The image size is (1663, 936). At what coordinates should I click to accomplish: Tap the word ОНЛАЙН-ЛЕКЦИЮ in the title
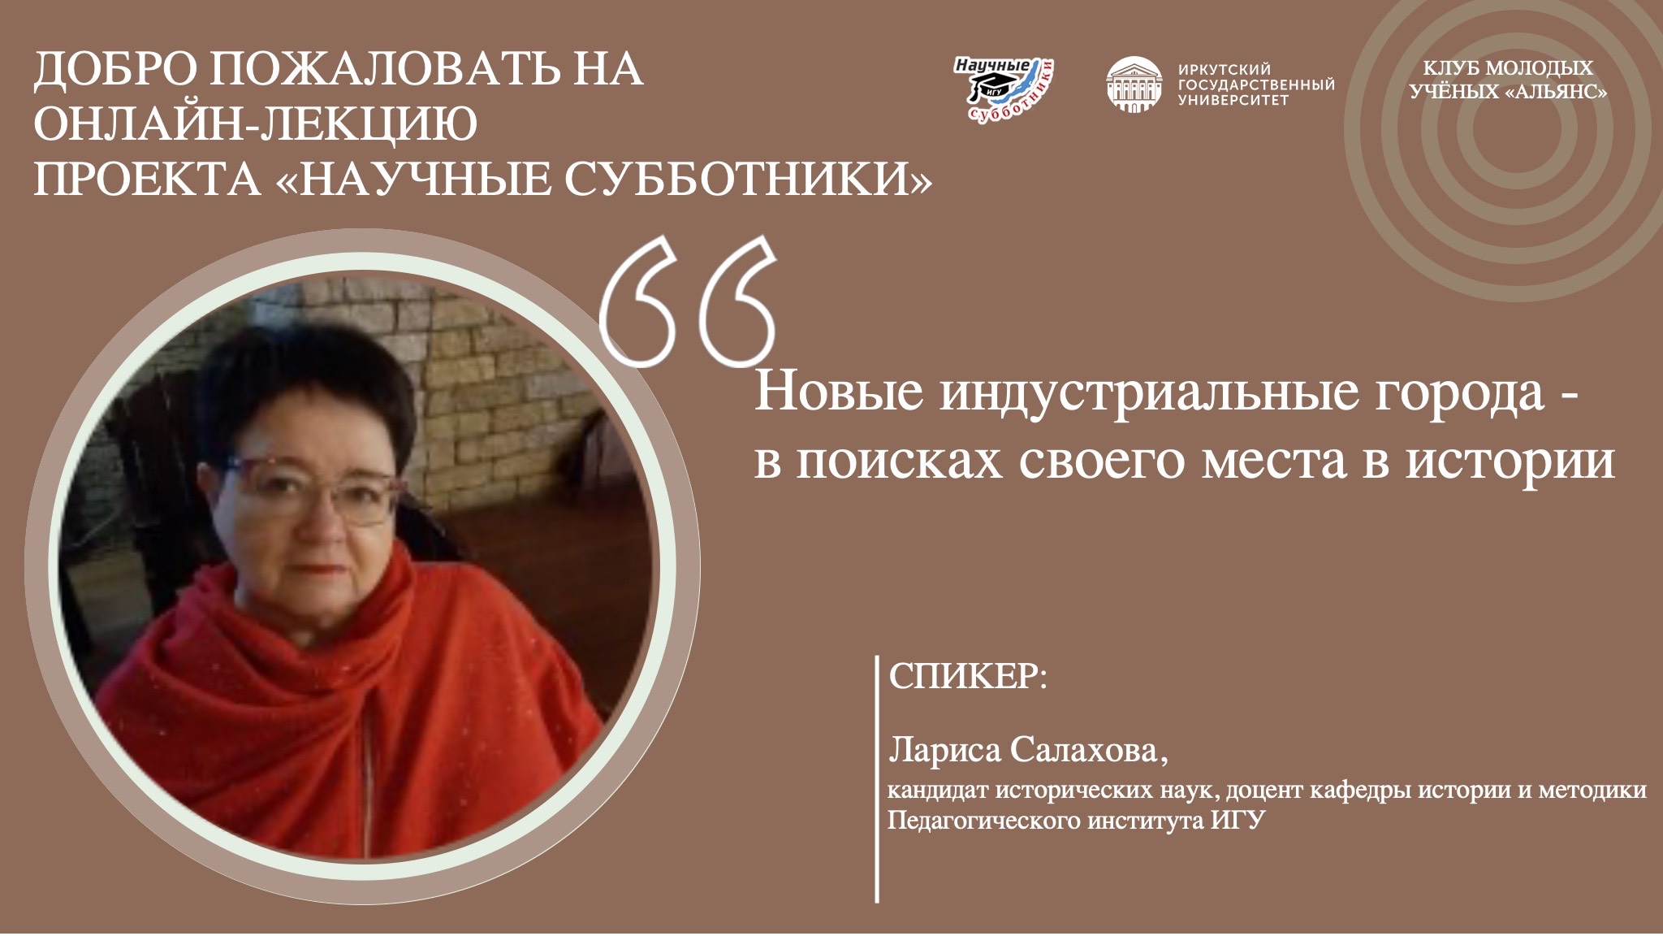click(255, 124)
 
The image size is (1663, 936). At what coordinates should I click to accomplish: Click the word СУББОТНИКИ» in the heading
click(748, 180)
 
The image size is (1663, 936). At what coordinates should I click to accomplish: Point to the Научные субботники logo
click(1004, 90)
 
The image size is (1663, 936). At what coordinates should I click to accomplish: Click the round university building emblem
click(1134, 84)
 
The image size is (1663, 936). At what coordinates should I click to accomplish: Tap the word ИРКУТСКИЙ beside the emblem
click(1224, 70)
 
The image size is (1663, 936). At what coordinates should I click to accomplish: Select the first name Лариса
click(945, 750)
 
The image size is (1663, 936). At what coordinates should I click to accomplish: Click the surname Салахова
click(1089, 750)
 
